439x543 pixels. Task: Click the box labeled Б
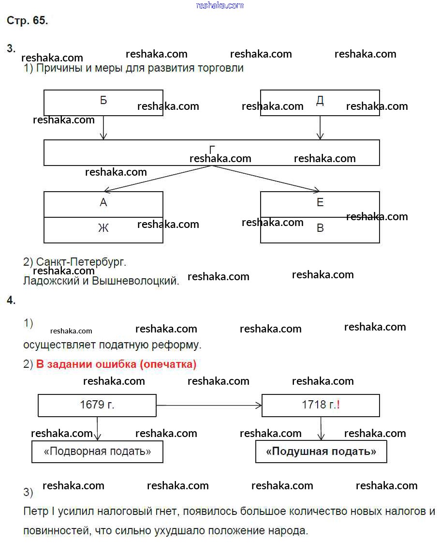(x=103, y=102)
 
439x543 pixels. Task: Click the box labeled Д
(x=320, y=102)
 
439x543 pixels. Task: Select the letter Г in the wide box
(x=212, y=151)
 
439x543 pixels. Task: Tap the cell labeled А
(x=103, y=204)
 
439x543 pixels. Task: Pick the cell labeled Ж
(x=103, y=229)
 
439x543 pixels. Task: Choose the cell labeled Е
(x=320, y=203)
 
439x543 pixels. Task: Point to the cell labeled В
(x=320, y=229)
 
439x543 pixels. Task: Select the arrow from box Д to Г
(x=320, y=128)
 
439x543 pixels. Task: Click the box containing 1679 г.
(x=97, y=405)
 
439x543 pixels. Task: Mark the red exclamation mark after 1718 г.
(x=338, y=405)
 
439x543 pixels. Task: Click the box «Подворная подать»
(x=97, y=452)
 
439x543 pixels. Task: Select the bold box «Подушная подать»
(x=321, y=452)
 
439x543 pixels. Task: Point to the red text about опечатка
(x=116, y=364)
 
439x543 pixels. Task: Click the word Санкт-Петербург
(x=81, y=262)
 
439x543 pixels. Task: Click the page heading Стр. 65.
(x=27, y=20)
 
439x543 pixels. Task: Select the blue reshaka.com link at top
(x=220, y=5)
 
